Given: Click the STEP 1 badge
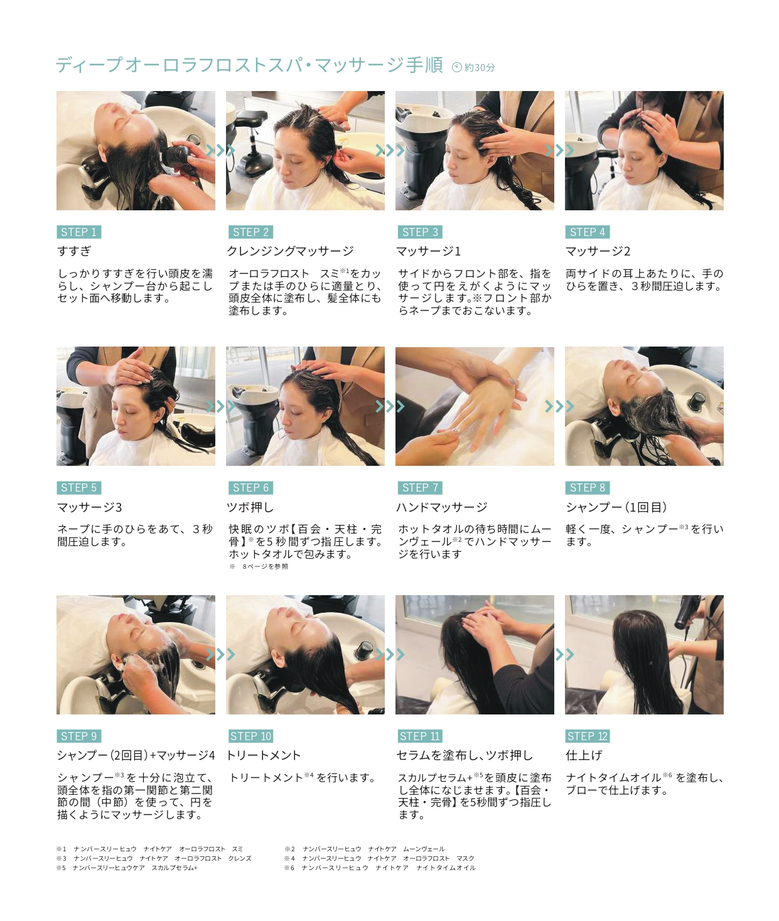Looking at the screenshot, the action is coord(79,232).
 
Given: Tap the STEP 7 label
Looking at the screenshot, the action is coord(420,488).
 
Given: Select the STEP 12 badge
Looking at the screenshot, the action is coord(588,736).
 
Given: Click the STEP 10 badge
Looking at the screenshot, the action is coord(250,736).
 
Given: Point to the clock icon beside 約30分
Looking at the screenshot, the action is coord(457,67).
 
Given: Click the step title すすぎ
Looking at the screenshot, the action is coord(74,251).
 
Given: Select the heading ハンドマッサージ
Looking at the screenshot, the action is coord(442,507).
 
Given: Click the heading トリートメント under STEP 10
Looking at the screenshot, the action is coord(264,755).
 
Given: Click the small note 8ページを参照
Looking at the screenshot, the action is coord(266,566).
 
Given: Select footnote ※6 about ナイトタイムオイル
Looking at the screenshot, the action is coord(380,868).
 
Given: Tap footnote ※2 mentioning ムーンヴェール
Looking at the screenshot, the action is coord(365,849).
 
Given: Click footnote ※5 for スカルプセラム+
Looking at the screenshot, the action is coord(127,868).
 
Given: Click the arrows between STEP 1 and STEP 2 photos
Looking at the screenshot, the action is coord(220,151).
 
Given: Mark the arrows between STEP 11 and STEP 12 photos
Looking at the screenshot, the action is coord(564,655).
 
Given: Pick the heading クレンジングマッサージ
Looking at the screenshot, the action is coord(291,251).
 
